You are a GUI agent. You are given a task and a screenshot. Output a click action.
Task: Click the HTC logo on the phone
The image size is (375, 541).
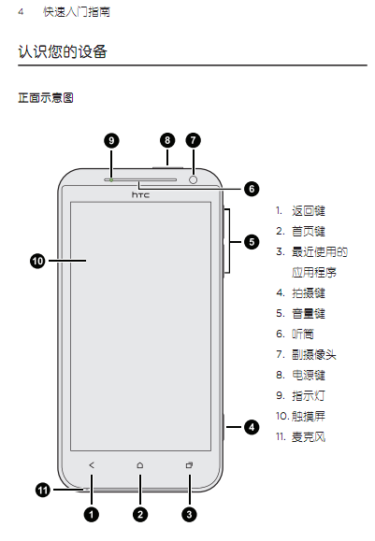140,195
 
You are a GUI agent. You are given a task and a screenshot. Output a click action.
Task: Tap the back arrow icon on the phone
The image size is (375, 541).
92,465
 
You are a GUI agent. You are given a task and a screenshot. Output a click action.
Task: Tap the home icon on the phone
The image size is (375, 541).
140,465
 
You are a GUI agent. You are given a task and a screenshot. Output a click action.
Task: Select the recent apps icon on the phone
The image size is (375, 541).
189,465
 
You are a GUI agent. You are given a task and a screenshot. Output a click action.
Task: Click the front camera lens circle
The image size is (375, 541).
194,179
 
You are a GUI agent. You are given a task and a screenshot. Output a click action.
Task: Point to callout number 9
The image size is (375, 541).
111,140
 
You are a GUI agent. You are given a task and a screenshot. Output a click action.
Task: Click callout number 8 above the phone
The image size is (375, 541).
167,140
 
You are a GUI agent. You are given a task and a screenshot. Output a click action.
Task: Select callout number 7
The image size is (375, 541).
194,140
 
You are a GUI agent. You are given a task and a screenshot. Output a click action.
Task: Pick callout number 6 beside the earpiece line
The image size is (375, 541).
252,189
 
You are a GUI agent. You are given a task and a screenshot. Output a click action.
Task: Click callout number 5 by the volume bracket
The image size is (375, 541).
252,242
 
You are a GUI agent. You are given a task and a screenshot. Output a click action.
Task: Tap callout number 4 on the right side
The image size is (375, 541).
252,427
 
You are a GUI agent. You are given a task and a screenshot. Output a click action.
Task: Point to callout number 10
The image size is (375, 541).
37,261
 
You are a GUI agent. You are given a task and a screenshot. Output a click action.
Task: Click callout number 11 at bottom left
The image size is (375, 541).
43,490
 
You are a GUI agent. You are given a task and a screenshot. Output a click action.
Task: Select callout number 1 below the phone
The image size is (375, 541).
92,515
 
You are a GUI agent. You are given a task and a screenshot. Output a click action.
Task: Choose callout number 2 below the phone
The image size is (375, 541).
140,515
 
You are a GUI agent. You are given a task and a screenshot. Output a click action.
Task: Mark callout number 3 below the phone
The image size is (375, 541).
189,515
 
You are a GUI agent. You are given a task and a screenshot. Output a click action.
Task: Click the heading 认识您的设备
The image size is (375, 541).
63,51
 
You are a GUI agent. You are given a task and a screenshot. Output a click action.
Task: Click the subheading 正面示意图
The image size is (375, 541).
46,98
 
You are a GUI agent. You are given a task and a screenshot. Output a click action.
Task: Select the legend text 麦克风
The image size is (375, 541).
309,436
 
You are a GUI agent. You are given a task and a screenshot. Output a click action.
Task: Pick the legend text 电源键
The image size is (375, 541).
309,375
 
